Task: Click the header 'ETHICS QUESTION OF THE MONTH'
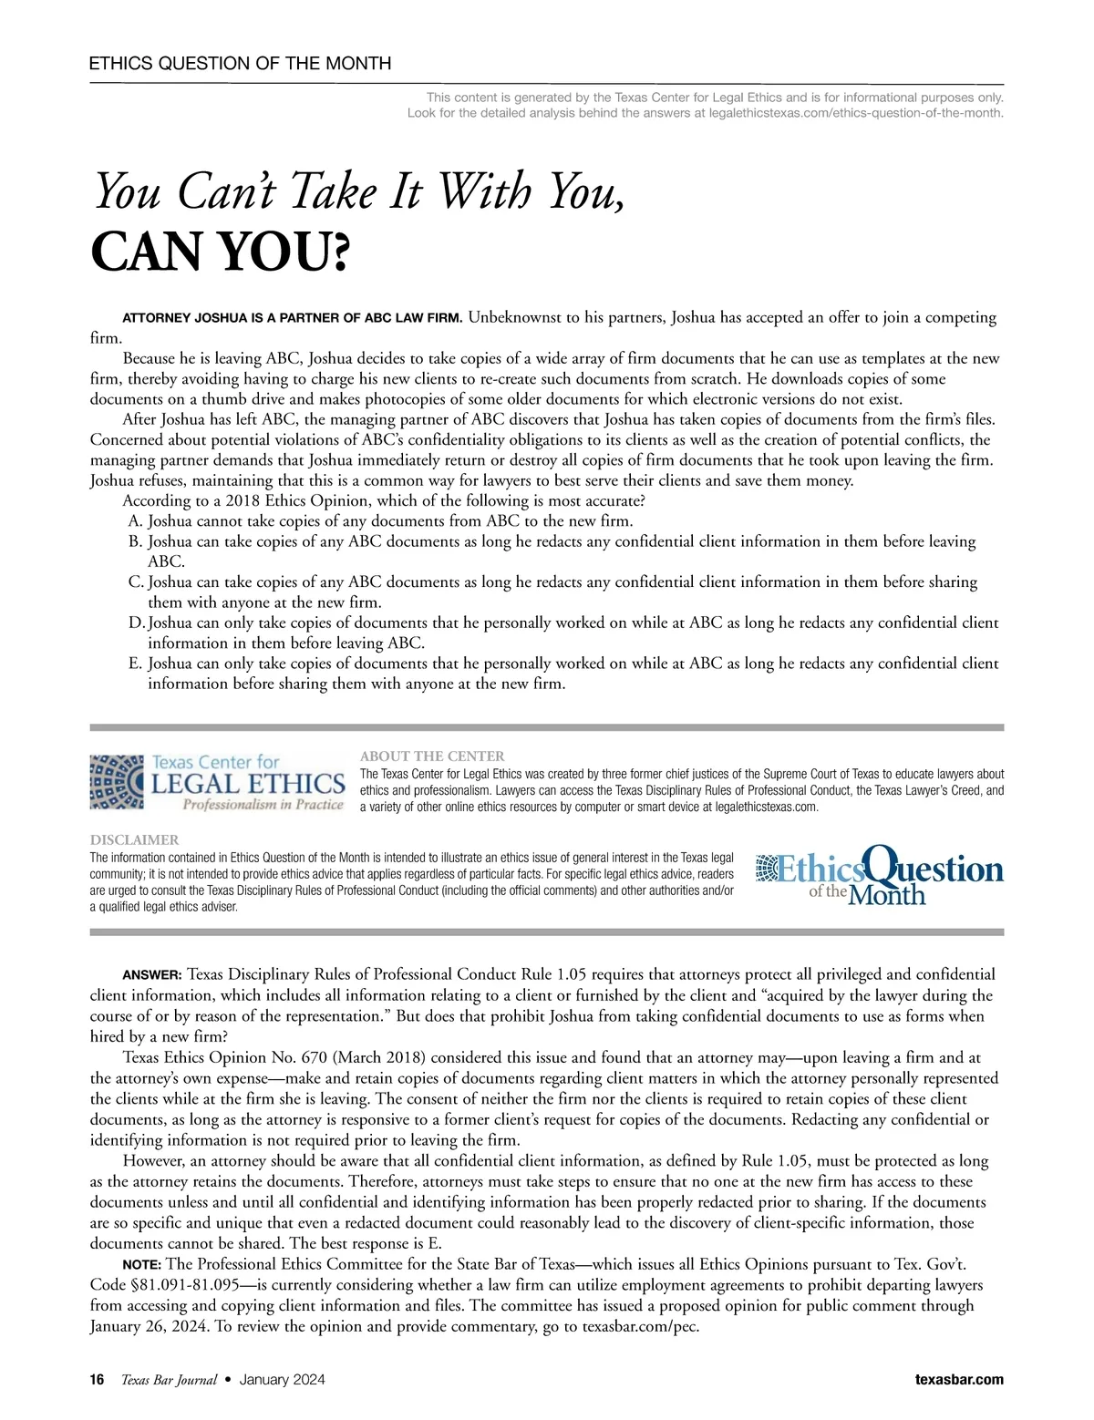240,64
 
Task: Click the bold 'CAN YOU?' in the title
220,252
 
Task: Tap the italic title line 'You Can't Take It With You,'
359,192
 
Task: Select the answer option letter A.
136,521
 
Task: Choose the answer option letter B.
136,541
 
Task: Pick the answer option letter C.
136,582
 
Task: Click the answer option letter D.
137,623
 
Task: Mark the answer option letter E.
136,664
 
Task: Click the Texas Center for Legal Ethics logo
217,782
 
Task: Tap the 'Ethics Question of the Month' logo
880,875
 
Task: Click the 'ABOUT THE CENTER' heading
432,756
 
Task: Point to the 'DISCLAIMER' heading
134,840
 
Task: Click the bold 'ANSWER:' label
152,975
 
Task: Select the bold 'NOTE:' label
142,1265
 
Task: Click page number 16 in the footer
98,1380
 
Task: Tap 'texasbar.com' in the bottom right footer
958,1380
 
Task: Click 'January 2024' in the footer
282,1380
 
